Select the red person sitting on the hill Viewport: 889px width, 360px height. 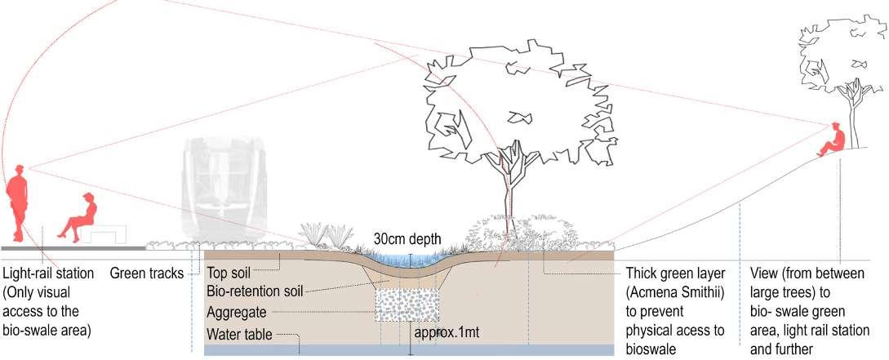coord(832,142)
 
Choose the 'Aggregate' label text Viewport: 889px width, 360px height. coord(236,313)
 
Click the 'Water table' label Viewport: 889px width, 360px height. coord(238,334)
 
